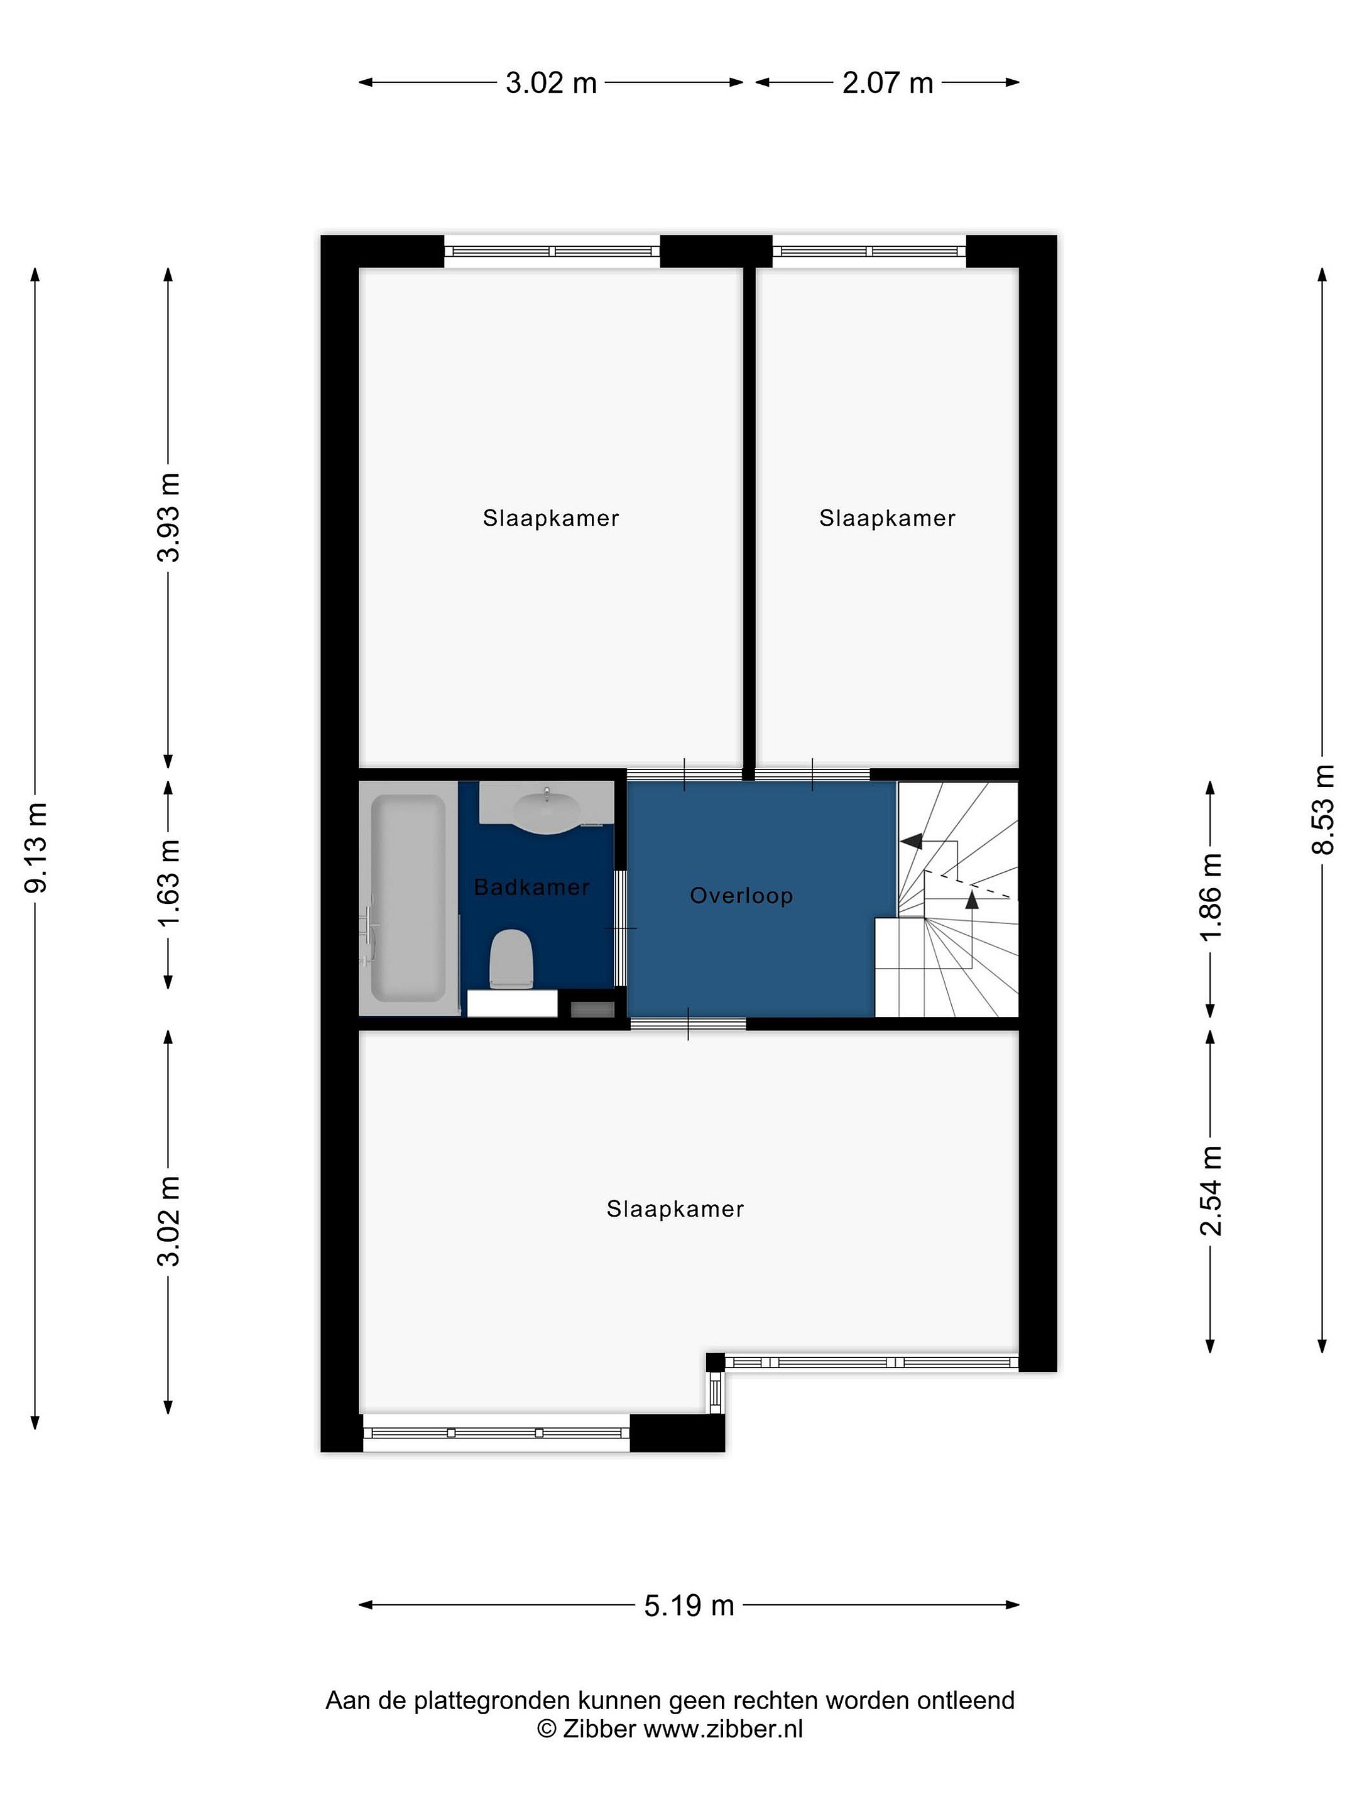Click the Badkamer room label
coord(531,888)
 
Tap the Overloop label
coord(741,896)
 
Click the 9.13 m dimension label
coord(37,847)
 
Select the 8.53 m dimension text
coord(1322,810)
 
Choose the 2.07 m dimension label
coord(888,83)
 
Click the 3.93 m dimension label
coord(170,518)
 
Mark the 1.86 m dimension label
coord(1211,896)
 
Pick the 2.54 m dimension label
coord(1211,1190)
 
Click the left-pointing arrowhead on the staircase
coord(910,840)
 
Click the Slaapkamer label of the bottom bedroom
coord(675,1209)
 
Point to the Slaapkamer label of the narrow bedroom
coord(888,518)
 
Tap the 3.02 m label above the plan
coord(552,83)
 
